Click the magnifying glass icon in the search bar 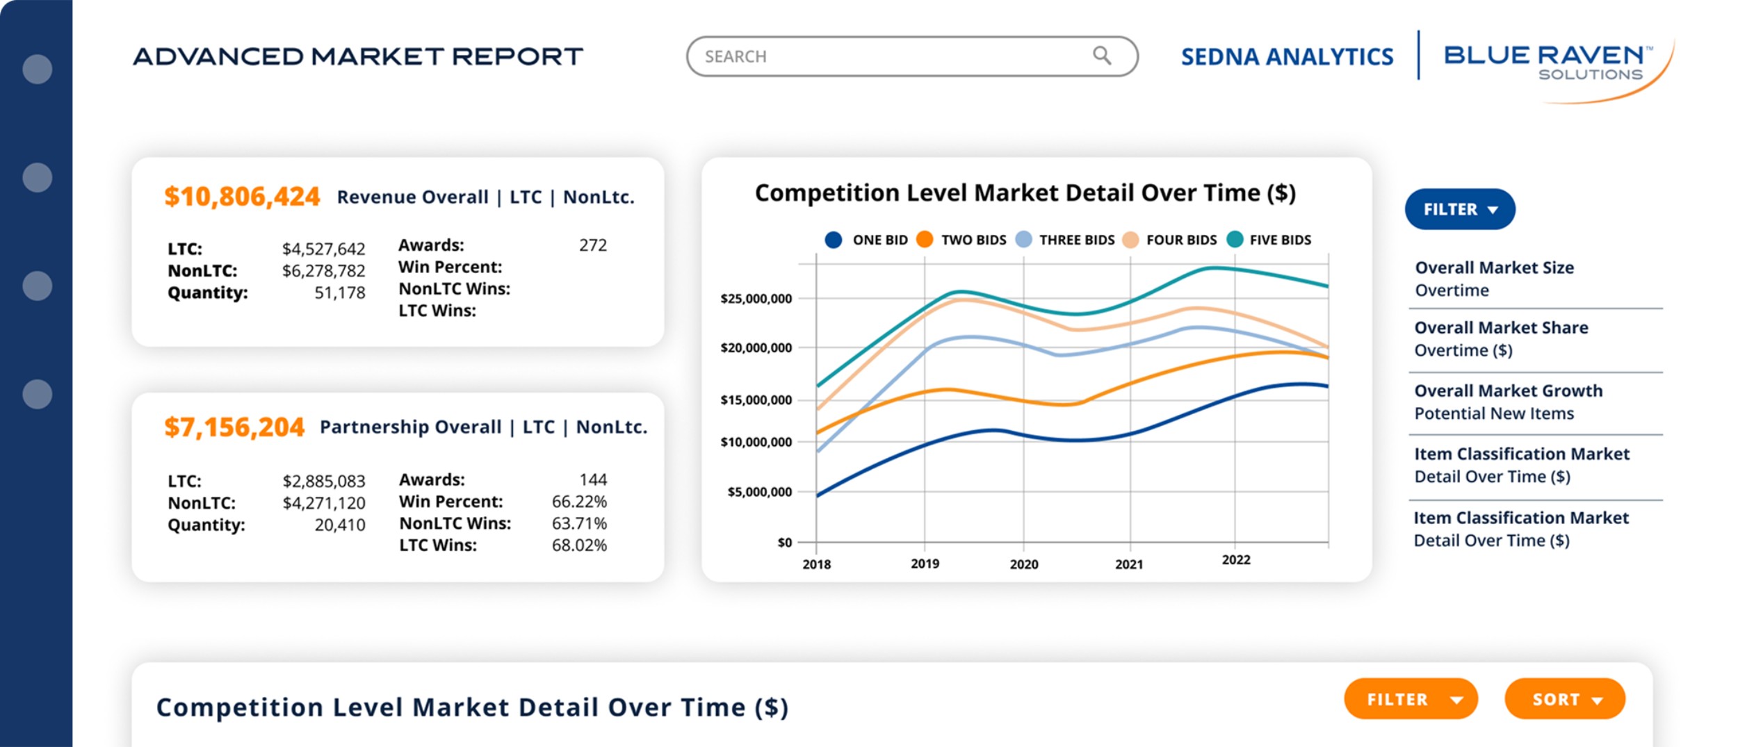(x=1101, y=56)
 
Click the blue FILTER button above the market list (x=1459, y=209)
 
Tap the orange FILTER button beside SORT (x=1410, y=699)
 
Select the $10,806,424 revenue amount (x=242, y=197)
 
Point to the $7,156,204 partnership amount (x=234, y=427)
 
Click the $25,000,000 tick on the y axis (x=756, y=299)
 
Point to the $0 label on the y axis (x=784, y=543)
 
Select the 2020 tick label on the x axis (x=1023, y=564)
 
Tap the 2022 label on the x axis (x=1235, y=560)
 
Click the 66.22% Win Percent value (x=578, y=502)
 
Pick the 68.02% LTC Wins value (x=578, y=545)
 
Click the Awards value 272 (x=592, y=245)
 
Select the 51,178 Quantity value (x=339, y=293)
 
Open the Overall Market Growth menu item (x=1507, y=402)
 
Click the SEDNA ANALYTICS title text (x=1287, y=57)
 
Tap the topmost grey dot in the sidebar (x=38, y=69)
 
